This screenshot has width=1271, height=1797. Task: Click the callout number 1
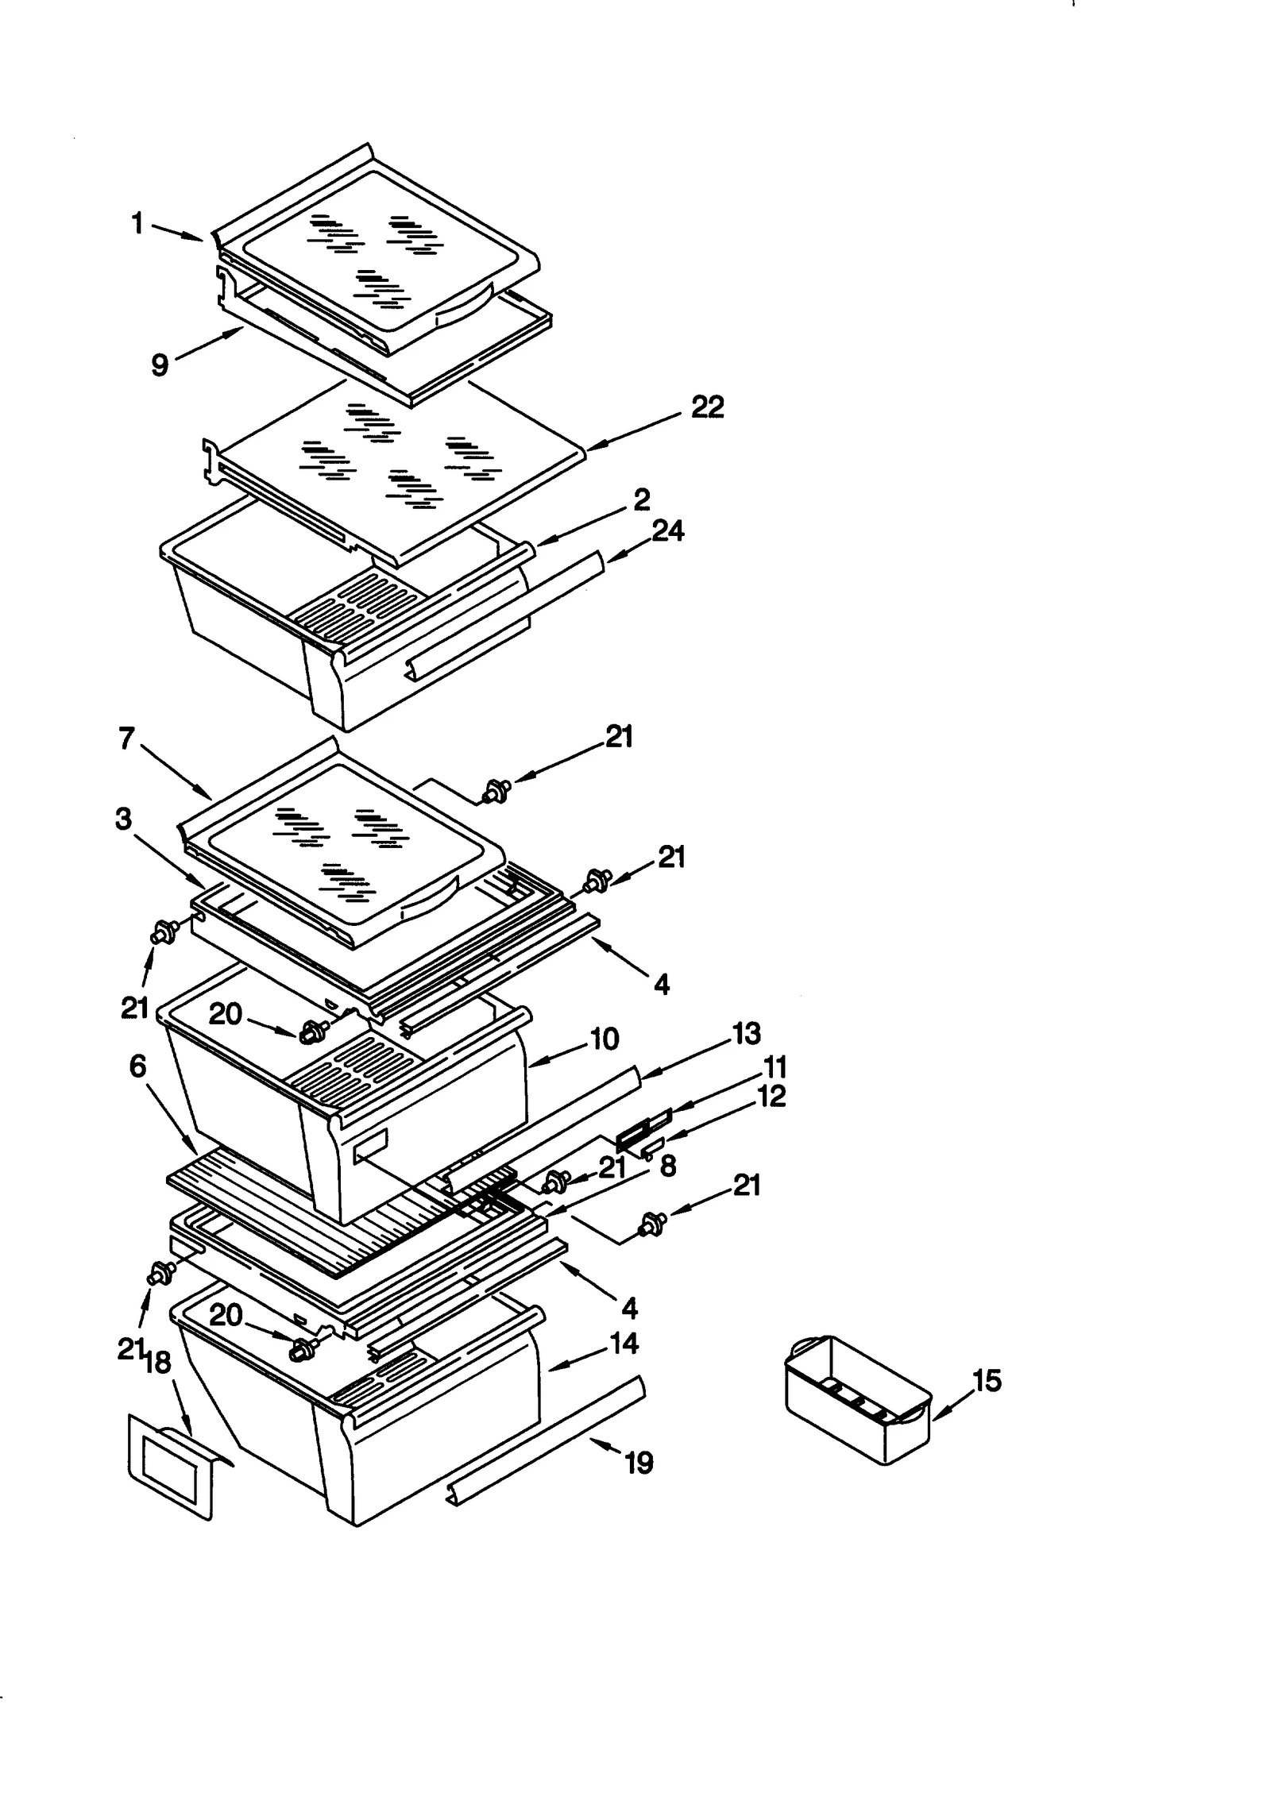click(137, 224)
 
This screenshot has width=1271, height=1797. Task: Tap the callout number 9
click(160, 364)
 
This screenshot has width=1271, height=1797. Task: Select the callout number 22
click(707, 407)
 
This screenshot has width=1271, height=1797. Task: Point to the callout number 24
click(667, 530)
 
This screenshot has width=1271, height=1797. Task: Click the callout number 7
click(126, 738)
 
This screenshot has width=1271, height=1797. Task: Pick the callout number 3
click(123, 819)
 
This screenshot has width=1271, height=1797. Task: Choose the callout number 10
click(605, 1039)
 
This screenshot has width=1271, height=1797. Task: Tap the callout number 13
click(746, 1033)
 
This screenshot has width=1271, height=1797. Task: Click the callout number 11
click(775, 1066)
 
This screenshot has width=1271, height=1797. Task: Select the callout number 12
click(771, 1097)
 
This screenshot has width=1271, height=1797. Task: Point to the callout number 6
click(137, 1066)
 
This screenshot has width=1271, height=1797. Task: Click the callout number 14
click(624, 1343)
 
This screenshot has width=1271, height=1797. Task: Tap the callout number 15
click(987, 1381)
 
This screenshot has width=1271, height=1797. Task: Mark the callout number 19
click(639, 1462)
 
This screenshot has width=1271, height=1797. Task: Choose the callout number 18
click(157, 1363)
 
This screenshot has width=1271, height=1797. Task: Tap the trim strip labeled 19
click(548, 1441)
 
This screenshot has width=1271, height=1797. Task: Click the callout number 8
click(667, 1166)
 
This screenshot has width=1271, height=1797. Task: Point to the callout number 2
click(642, 499)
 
